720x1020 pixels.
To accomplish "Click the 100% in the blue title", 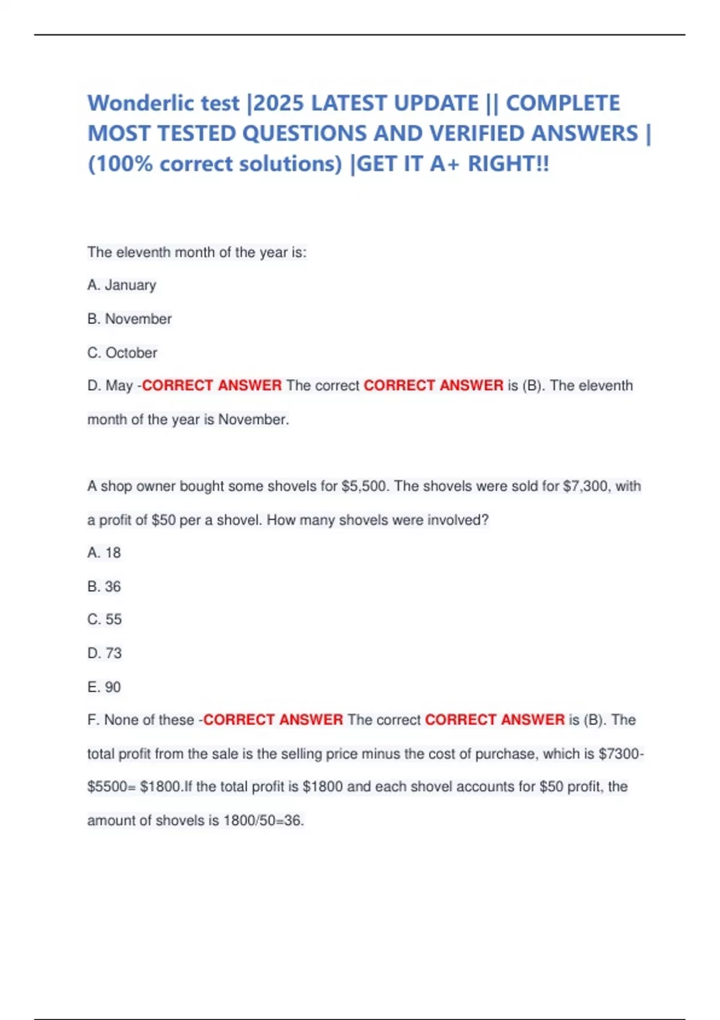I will (124, 164).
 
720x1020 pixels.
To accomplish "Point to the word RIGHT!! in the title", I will (508, 164).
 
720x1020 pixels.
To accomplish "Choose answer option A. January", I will (122, 285).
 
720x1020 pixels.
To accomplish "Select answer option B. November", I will (130, 319).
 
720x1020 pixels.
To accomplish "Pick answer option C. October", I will (122, 353).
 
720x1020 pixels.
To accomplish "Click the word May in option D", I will (119, 386).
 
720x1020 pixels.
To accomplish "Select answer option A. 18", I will (104, 553).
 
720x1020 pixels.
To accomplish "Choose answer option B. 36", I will (104, 586).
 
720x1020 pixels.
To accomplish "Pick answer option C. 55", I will (104, 619).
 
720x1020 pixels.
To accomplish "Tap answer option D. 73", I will (104, 653).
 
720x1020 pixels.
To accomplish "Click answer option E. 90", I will (104, 687).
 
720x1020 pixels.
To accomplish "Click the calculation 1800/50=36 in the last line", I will (263, 820).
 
